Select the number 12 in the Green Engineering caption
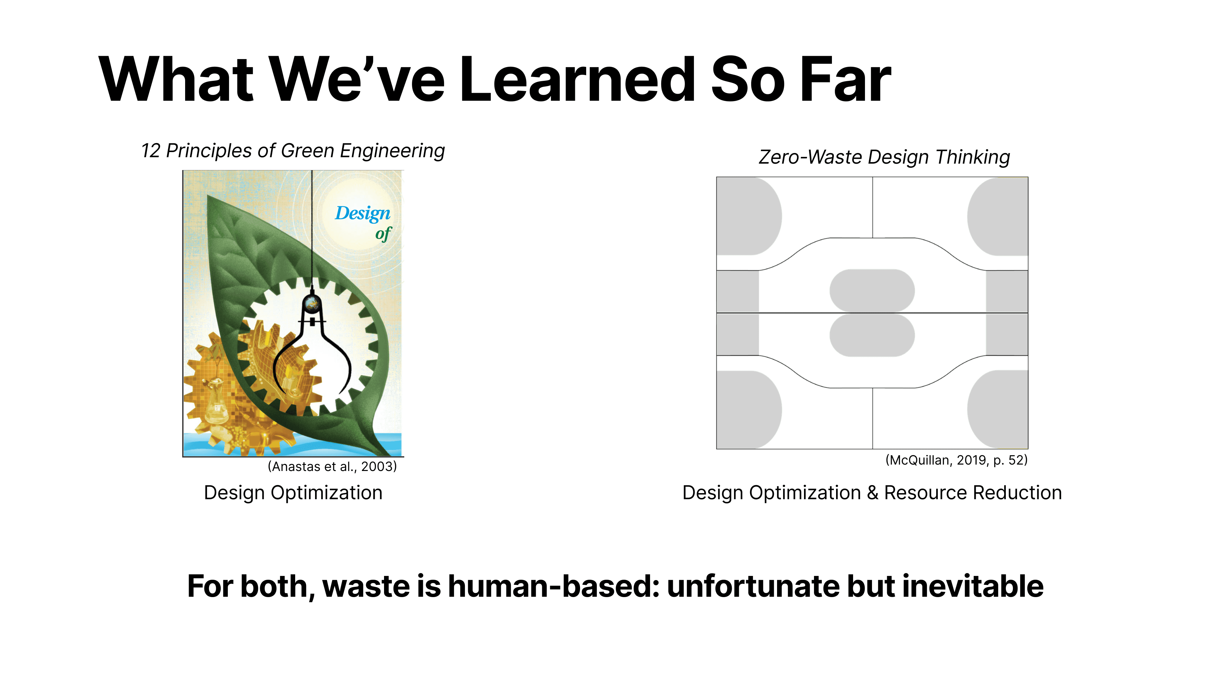[x=151, y=151]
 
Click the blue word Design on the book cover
[x=363, y=213]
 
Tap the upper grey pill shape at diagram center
[x=872, y=291]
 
